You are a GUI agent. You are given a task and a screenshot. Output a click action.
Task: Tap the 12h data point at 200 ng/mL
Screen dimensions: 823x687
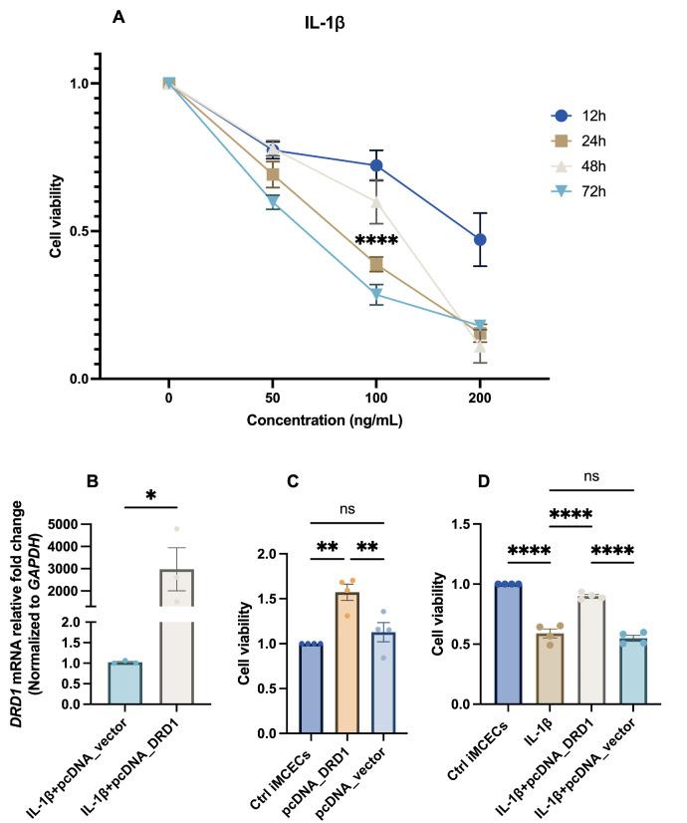pos(480,240)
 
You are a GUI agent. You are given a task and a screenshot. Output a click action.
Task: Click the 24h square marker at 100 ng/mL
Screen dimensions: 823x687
pos(376,264)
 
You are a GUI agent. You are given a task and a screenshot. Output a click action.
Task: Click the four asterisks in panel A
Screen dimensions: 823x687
pos(376,241)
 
